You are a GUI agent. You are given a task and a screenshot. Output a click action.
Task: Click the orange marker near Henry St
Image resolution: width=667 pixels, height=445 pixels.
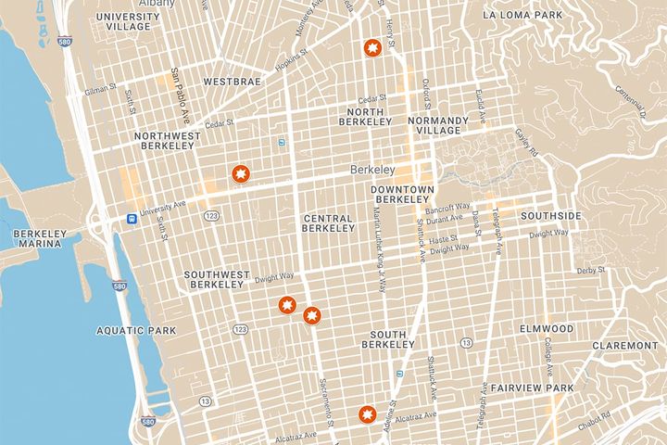(x=372, y=48)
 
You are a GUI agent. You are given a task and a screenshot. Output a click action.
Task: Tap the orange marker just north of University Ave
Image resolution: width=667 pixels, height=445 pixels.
(x=240, y=173)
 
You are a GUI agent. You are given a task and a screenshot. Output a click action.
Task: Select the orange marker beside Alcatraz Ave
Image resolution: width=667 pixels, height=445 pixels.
(x=367, y=413)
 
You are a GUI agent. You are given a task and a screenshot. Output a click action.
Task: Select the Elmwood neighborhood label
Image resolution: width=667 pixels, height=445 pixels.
(x=547, y=329)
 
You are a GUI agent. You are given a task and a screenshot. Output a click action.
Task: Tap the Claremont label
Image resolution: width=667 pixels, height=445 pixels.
(x=626, y=346)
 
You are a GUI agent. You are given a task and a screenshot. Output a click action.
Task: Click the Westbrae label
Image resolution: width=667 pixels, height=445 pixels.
(x=232, y=82)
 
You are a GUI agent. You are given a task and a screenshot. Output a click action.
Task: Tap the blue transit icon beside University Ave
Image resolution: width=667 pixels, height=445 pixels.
(x=132, y=219)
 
